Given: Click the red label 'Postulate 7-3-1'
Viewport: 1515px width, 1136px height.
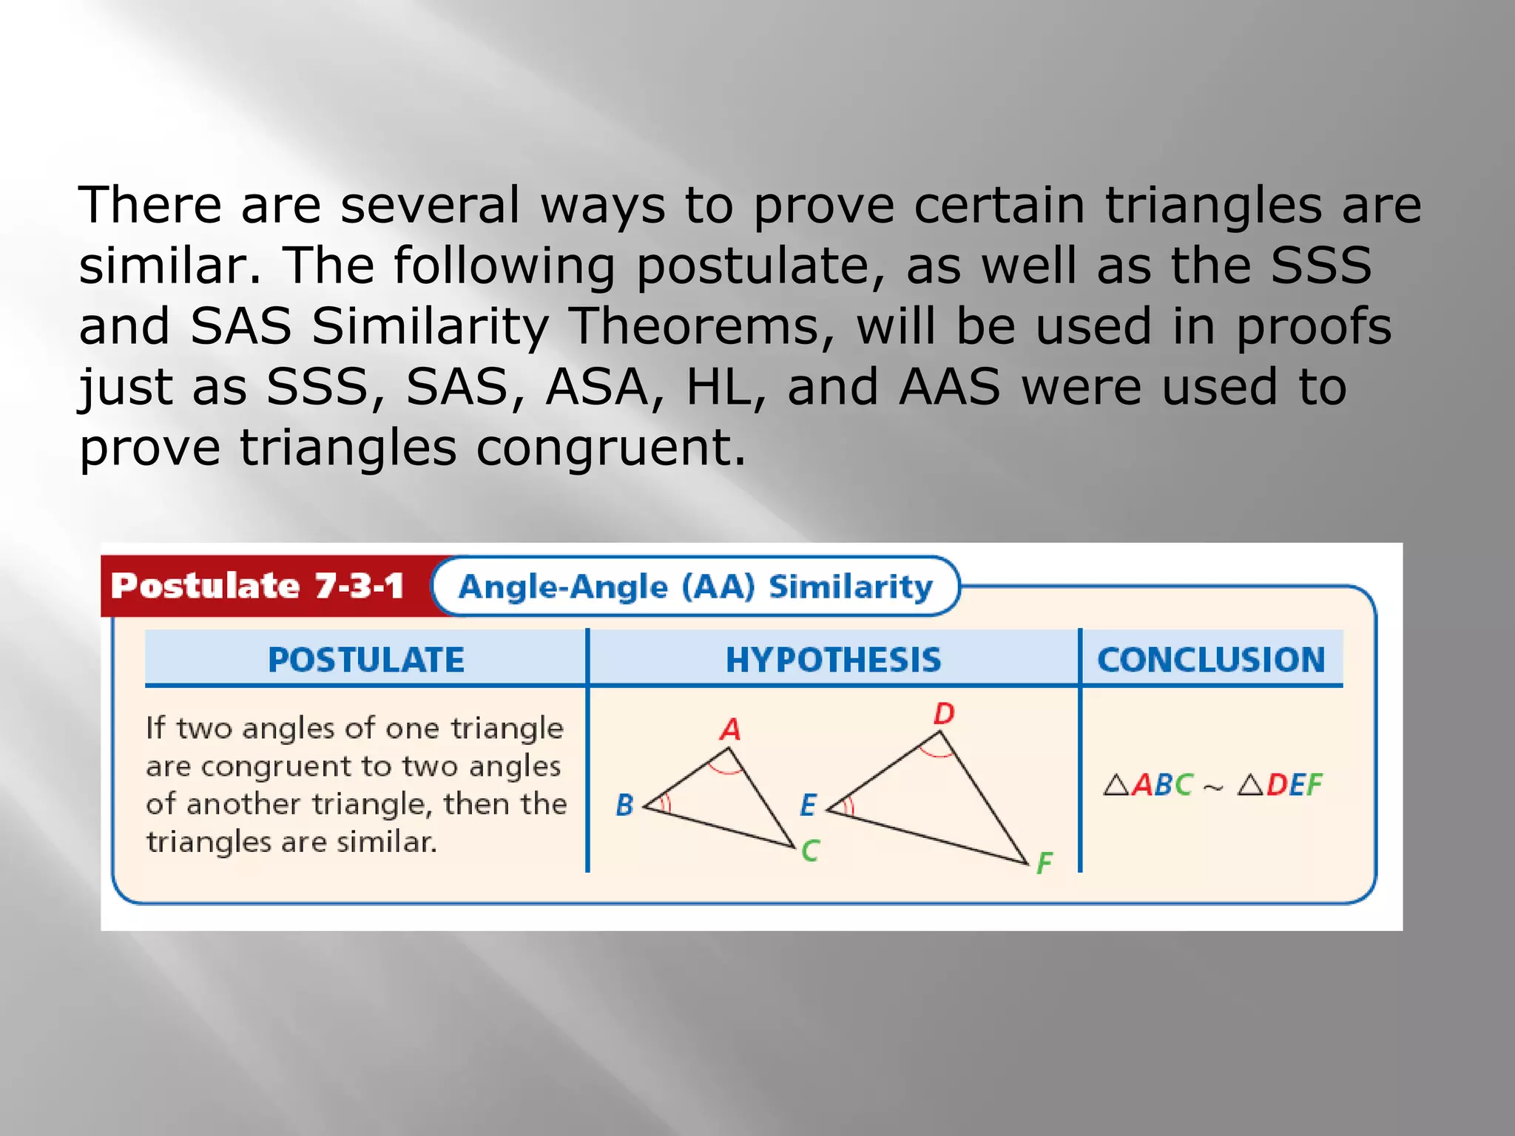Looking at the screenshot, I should [257, 586].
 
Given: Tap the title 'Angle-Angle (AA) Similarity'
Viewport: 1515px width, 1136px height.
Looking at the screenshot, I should [695, 586].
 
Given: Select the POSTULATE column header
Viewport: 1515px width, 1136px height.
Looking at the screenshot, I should [365, 659].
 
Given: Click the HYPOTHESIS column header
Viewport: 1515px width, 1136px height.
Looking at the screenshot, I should [833, 659].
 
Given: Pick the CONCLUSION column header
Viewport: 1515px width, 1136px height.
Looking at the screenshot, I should [1211, 659].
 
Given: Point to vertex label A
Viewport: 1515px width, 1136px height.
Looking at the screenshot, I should [730, 729].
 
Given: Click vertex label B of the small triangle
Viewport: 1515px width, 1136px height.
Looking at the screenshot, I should [624, 805].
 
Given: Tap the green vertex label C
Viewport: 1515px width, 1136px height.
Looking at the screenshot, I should [810, 851].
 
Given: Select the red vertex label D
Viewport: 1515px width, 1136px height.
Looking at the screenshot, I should [944, 714].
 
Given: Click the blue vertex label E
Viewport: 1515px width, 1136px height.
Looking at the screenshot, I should [808, 805].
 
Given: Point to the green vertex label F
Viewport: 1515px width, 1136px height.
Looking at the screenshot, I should [1044, 863].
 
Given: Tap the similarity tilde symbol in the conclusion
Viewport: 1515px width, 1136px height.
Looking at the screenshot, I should [1213, 788].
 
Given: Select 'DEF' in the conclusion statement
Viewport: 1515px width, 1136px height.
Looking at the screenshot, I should [1294, 785].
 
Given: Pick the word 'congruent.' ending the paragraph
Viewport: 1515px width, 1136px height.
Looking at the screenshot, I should [610, 448].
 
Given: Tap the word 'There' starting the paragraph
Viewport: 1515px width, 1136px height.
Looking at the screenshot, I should [150, 205].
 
